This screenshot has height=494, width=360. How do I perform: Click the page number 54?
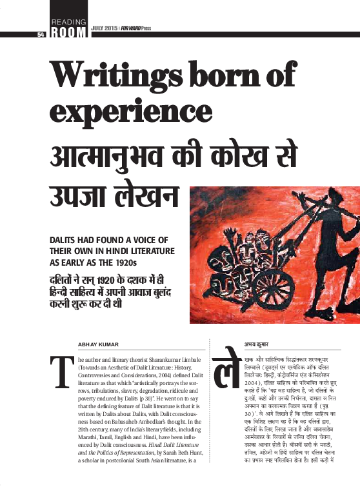[x=41, y=34]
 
